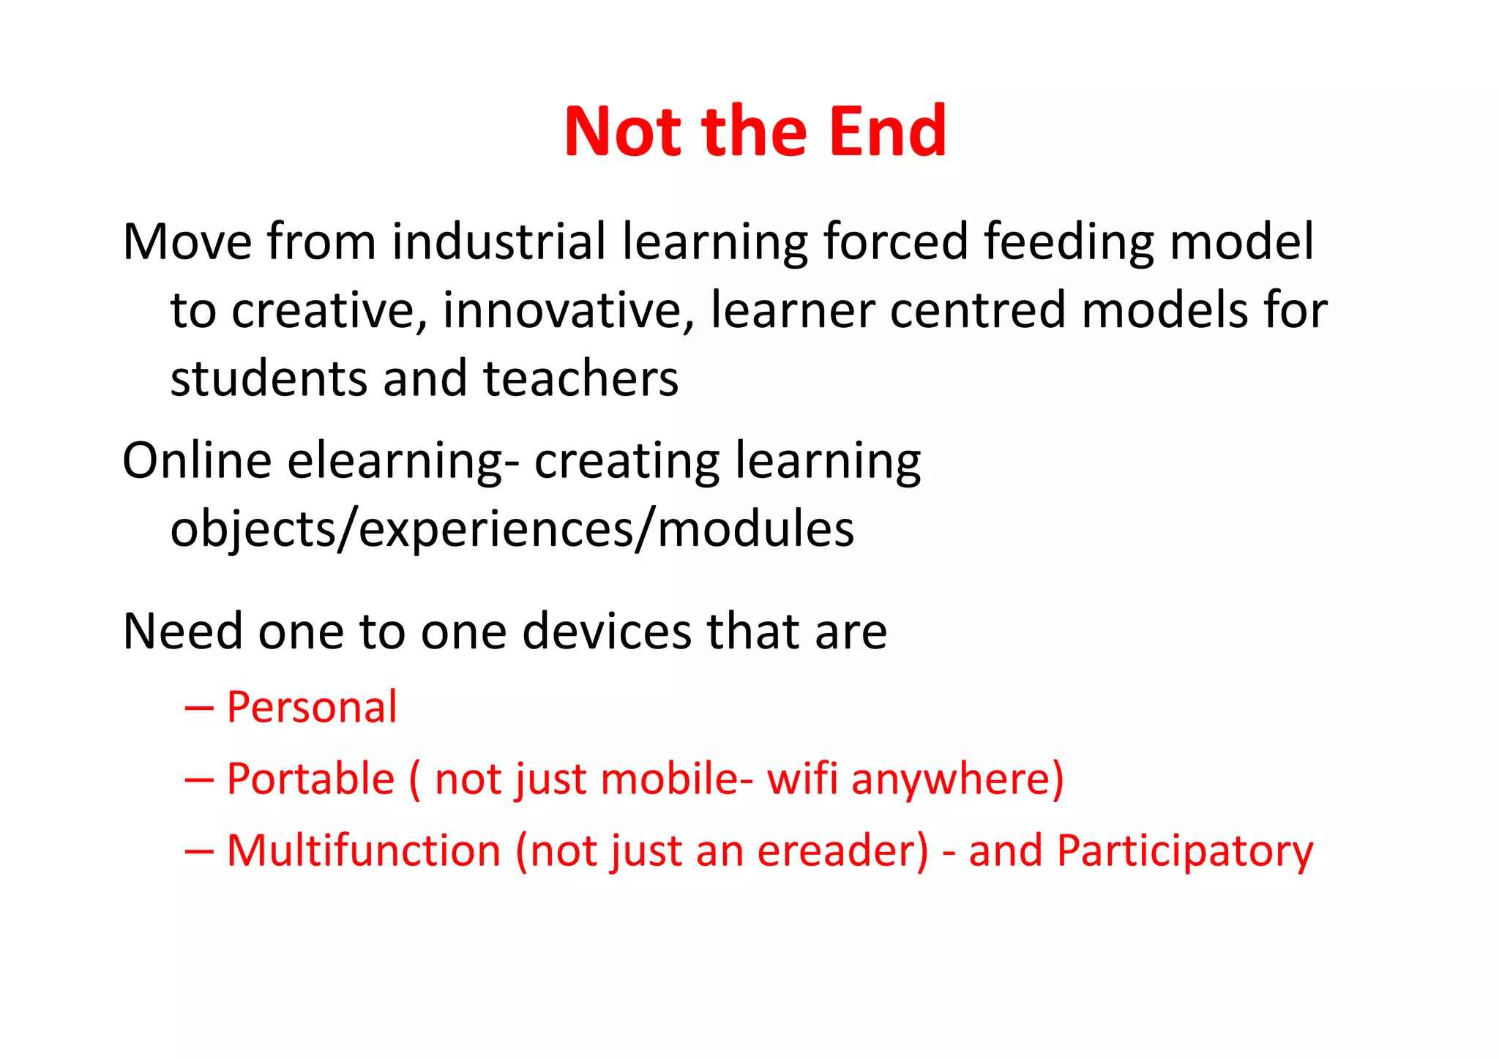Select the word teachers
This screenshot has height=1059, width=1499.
[x=580, y=379]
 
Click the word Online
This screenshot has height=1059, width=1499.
[x=197, y=461]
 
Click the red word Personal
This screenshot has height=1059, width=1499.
[x=312, y=708]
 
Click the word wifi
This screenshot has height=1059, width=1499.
[x=801, y=779]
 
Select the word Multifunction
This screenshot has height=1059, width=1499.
[x=364, y=851]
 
